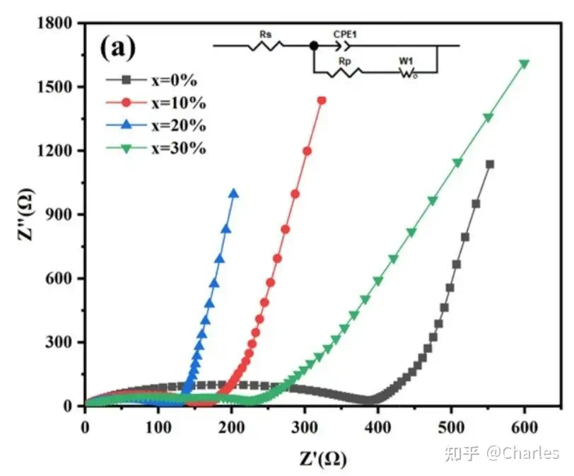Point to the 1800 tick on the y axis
(x=57, y=23)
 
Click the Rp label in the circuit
(x=345, y=62)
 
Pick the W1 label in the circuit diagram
(x=406, y=62)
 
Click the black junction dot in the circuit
(x=313, y=46)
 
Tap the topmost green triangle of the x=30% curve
(x=524, y=64)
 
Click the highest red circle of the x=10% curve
(x=322, y=100)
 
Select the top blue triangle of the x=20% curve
(x=233, y=193)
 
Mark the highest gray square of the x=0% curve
(x=489, y=164)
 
